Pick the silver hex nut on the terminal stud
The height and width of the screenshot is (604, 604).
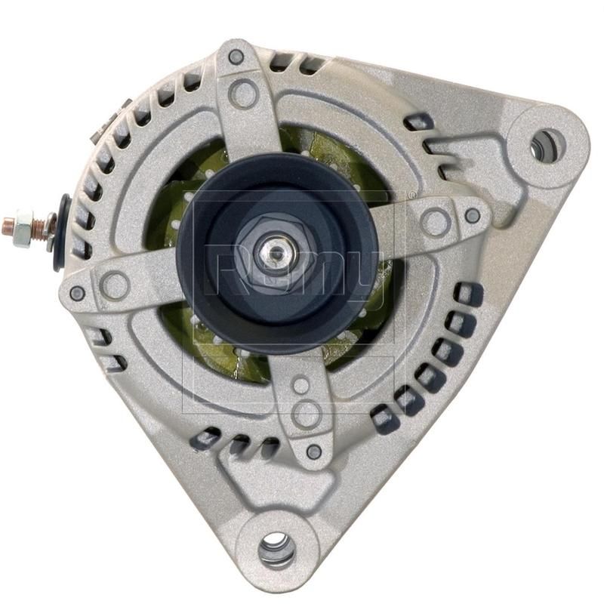tap(25, 226)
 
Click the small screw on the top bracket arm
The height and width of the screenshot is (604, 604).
tap(236, 56)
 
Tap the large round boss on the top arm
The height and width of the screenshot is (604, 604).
tap(243, 94)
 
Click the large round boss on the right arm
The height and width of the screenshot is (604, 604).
tap(436, 222)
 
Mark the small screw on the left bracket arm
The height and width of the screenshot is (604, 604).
tap(77, 293)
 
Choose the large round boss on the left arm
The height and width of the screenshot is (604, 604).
tap(115, 285)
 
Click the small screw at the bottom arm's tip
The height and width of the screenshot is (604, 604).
tap(314, 451)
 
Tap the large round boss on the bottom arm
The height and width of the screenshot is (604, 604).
tap(307, 413)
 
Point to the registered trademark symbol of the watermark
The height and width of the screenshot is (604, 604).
tap(411, 195)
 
